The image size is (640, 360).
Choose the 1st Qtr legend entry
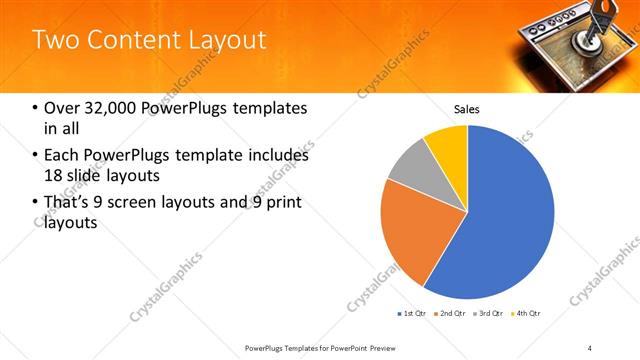(412, 313)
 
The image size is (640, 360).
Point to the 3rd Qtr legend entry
(490, 313)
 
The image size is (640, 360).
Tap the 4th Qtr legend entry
(528, 313)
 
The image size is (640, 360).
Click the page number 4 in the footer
(590, 347)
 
